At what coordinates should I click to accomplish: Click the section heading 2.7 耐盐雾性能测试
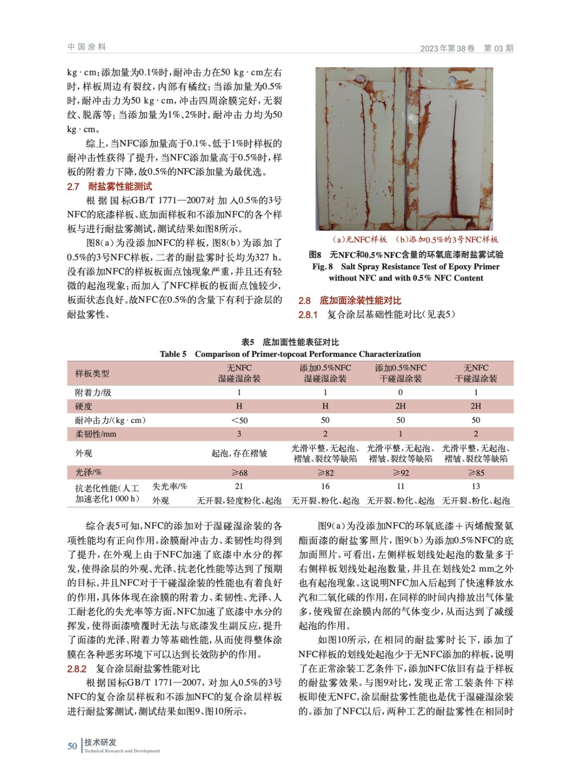(110, 186)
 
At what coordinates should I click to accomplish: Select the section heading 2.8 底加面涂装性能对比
(349, 300)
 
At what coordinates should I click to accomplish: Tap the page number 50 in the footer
(72, 746)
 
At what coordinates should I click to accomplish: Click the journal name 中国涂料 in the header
(87, 47)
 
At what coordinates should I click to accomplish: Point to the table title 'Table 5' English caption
(290, 354)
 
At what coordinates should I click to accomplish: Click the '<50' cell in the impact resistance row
(239, 420)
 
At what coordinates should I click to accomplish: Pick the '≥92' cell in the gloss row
(400, 473)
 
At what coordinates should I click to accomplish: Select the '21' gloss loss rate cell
(239, 486)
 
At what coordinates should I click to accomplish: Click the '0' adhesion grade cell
(400, 392)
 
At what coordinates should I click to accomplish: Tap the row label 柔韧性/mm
(96, 434)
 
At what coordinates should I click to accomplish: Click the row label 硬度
(84, 406)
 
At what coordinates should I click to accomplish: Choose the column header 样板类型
(92, 373)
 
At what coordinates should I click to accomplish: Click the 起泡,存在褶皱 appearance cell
(239, 453)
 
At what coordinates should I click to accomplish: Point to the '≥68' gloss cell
(239, 473)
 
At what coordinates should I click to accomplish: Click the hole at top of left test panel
(361, 79)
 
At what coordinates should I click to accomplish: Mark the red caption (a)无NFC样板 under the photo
(360, 239)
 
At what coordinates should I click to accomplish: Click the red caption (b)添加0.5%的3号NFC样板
(447, 239)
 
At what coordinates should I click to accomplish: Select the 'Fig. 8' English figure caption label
(323, 267)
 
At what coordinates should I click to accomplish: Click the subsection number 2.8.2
(77, 669)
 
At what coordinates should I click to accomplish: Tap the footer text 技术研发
(100, 742)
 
